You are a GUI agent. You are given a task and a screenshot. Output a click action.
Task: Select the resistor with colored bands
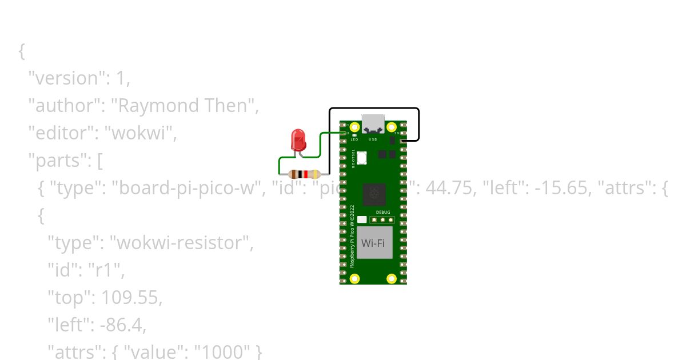tap(304, 174)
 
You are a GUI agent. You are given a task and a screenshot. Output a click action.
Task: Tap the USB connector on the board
tap(373, 123)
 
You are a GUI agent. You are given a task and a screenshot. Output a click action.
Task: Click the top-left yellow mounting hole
tap(355, 126)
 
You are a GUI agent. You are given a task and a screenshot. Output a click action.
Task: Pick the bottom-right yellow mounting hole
tap(391, 279)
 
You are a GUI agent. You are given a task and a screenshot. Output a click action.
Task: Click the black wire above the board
tap(374, 108)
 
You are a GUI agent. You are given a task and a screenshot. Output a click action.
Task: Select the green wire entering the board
tap(332, 133)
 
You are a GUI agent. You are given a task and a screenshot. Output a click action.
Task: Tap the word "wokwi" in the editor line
tap(142, 133)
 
